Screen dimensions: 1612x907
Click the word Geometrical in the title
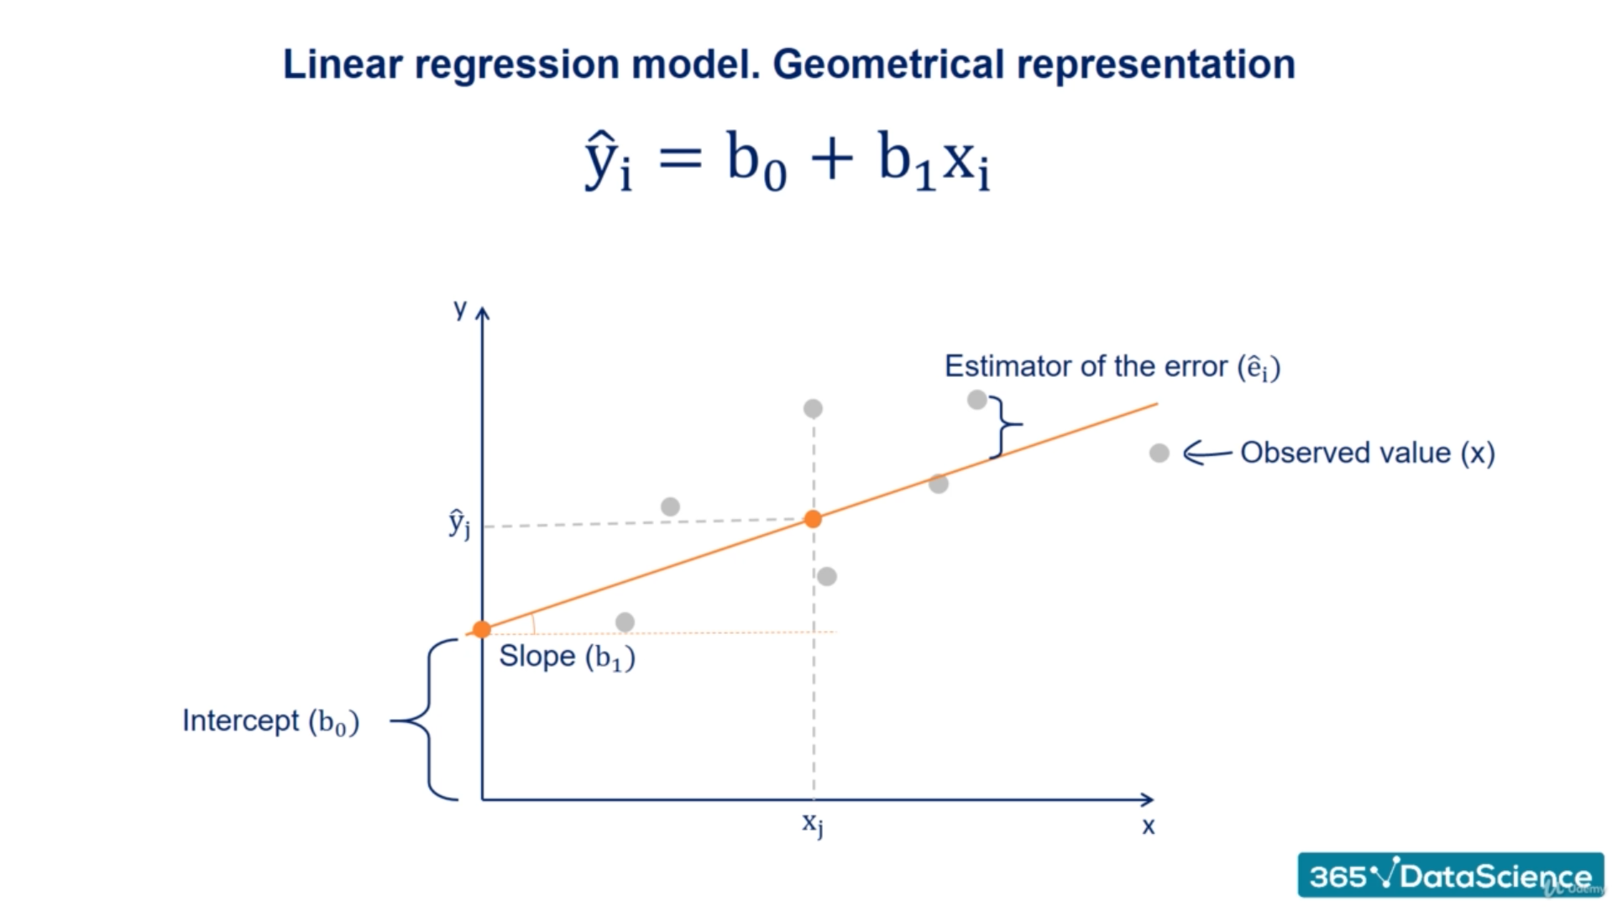887,66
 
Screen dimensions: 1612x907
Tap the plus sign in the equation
832,157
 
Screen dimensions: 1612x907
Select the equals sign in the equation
680,157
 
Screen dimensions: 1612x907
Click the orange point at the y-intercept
481,630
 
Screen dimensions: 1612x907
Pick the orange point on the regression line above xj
813,519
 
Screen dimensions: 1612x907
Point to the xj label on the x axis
812,824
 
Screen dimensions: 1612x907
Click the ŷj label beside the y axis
459,523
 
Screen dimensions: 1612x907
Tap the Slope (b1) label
567,657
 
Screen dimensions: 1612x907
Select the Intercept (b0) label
270,721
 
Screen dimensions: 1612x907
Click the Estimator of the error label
1112,367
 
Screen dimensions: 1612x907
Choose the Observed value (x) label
1368,453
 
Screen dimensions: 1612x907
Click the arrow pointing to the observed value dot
1207,453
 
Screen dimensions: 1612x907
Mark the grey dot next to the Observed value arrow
1159,453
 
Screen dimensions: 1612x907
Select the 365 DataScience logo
1450,875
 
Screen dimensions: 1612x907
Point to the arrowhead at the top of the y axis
482,313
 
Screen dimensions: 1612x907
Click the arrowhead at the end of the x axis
1148,799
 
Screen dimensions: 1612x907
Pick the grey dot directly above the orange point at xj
813,409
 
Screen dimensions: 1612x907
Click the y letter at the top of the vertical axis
460,309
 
